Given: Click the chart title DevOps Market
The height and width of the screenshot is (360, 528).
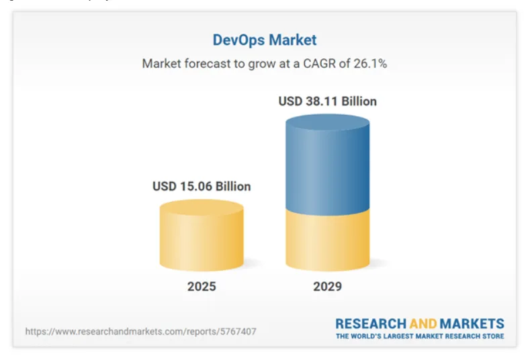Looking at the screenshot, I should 264,40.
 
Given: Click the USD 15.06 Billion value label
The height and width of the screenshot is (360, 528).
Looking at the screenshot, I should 202,186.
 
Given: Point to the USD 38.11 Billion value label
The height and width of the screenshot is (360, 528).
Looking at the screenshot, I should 327,101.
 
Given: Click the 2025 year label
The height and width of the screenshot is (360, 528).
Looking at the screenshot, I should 202,287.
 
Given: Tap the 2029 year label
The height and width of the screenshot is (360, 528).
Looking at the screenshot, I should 327,287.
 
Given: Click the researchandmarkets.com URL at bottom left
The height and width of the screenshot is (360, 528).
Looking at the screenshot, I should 140,331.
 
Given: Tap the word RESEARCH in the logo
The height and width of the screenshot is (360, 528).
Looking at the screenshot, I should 371,324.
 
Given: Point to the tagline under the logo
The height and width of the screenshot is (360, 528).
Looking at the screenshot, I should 420,336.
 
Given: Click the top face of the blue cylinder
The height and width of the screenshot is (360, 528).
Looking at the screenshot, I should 327,123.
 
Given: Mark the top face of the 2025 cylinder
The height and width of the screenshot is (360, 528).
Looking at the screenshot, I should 202,208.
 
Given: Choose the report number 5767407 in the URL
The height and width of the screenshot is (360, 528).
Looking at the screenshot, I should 236,331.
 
